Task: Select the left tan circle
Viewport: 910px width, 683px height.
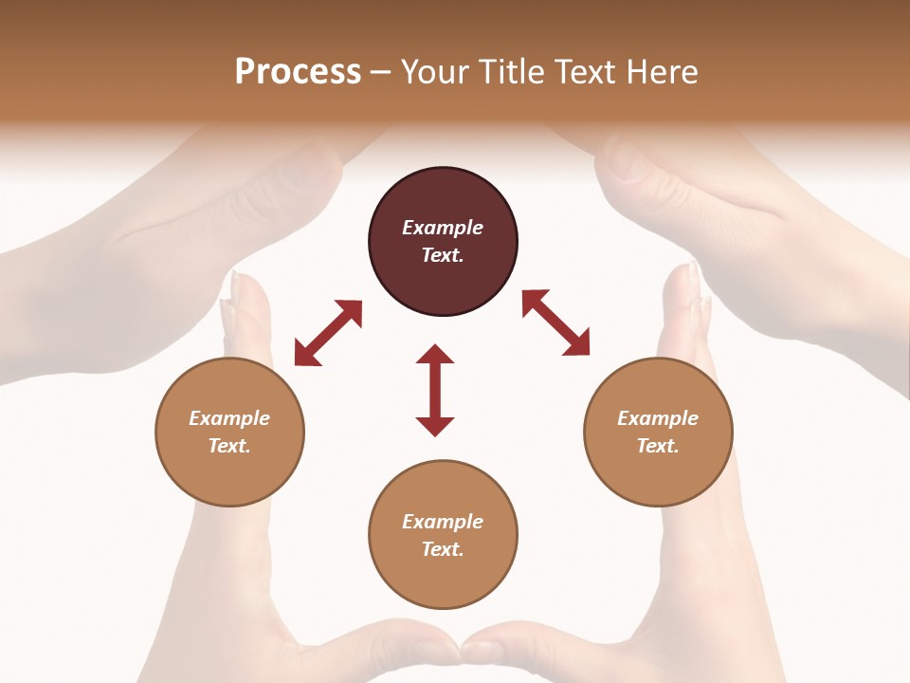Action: (x=229, y=432)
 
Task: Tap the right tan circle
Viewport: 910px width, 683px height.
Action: (x=658, y=432)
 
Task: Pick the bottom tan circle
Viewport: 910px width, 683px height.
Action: (x=443, y=535)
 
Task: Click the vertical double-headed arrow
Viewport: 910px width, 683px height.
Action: (x=435, y=390)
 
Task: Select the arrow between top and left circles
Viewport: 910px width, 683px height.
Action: (x=328, y=333)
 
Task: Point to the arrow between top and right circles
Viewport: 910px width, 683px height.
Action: (x=555, y=323)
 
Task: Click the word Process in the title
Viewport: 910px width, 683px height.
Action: (x=298, y=72)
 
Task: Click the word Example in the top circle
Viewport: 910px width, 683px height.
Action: (x=443, y=228)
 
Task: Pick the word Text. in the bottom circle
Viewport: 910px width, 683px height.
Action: (x=443, y=549)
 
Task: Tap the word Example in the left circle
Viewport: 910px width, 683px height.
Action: (x=229, y=418)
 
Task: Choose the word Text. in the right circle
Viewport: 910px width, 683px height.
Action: (x=658, y=446)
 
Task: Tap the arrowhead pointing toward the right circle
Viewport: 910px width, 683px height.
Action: (x=577, y=343)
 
